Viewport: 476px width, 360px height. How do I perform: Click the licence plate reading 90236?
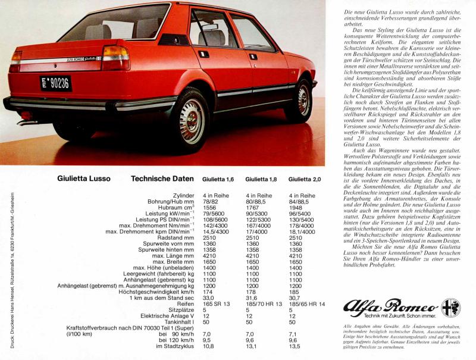(56, 83)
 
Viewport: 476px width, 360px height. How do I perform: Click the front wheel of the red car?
(302, 99)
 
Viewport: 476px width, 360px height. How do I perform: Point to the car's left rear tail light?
(115, 58)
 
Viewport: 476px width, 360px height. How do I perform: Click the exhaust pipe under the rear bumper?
(25, 122)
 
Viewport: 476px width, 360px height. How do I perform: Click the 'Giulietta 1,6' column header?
(218, 179)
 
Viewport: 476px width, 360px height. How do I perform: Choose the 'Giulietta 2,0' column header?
(304, 179)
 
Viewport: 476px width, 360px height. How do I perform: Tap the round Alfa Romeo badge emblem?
(450, 308)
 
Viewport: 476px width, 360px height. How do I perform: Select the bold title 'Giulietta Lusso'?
(83, 178)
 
